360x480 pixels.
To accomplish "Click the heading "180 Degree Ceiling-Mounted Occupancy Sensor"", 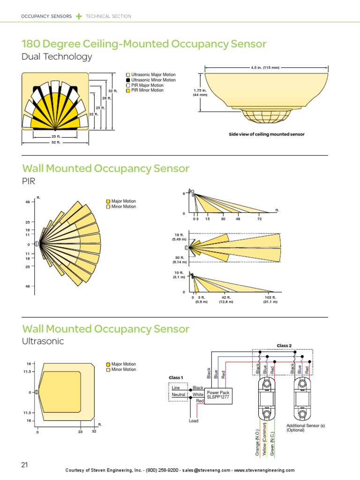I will [144, 45].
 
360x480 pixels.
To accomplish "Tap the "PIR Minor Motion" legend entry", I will [147, 90].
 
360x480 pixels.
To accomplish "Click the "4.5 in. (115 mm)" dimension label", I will [265, 67].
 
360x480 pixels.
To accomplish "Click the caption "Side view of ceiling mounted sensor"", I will [266, 134].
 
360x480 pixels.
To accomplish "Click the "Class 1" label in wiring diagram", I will [176, 377].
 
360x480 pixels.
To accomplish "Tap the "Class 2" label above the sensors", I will [284, 345].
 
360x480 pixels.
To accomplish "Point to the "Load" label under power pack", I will [194, 421].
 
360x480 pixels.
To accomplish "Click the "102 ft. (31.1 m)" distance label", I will [270, 300].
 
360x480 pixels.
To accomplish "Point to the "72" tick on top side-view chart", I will [259, 219].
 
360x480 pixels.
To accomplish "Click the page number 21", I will [24, 465].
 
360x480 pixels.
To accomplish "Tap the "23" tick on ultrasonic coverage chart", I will [80, 431].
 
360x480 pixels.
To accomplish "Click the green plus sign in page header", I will [79, 16].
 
